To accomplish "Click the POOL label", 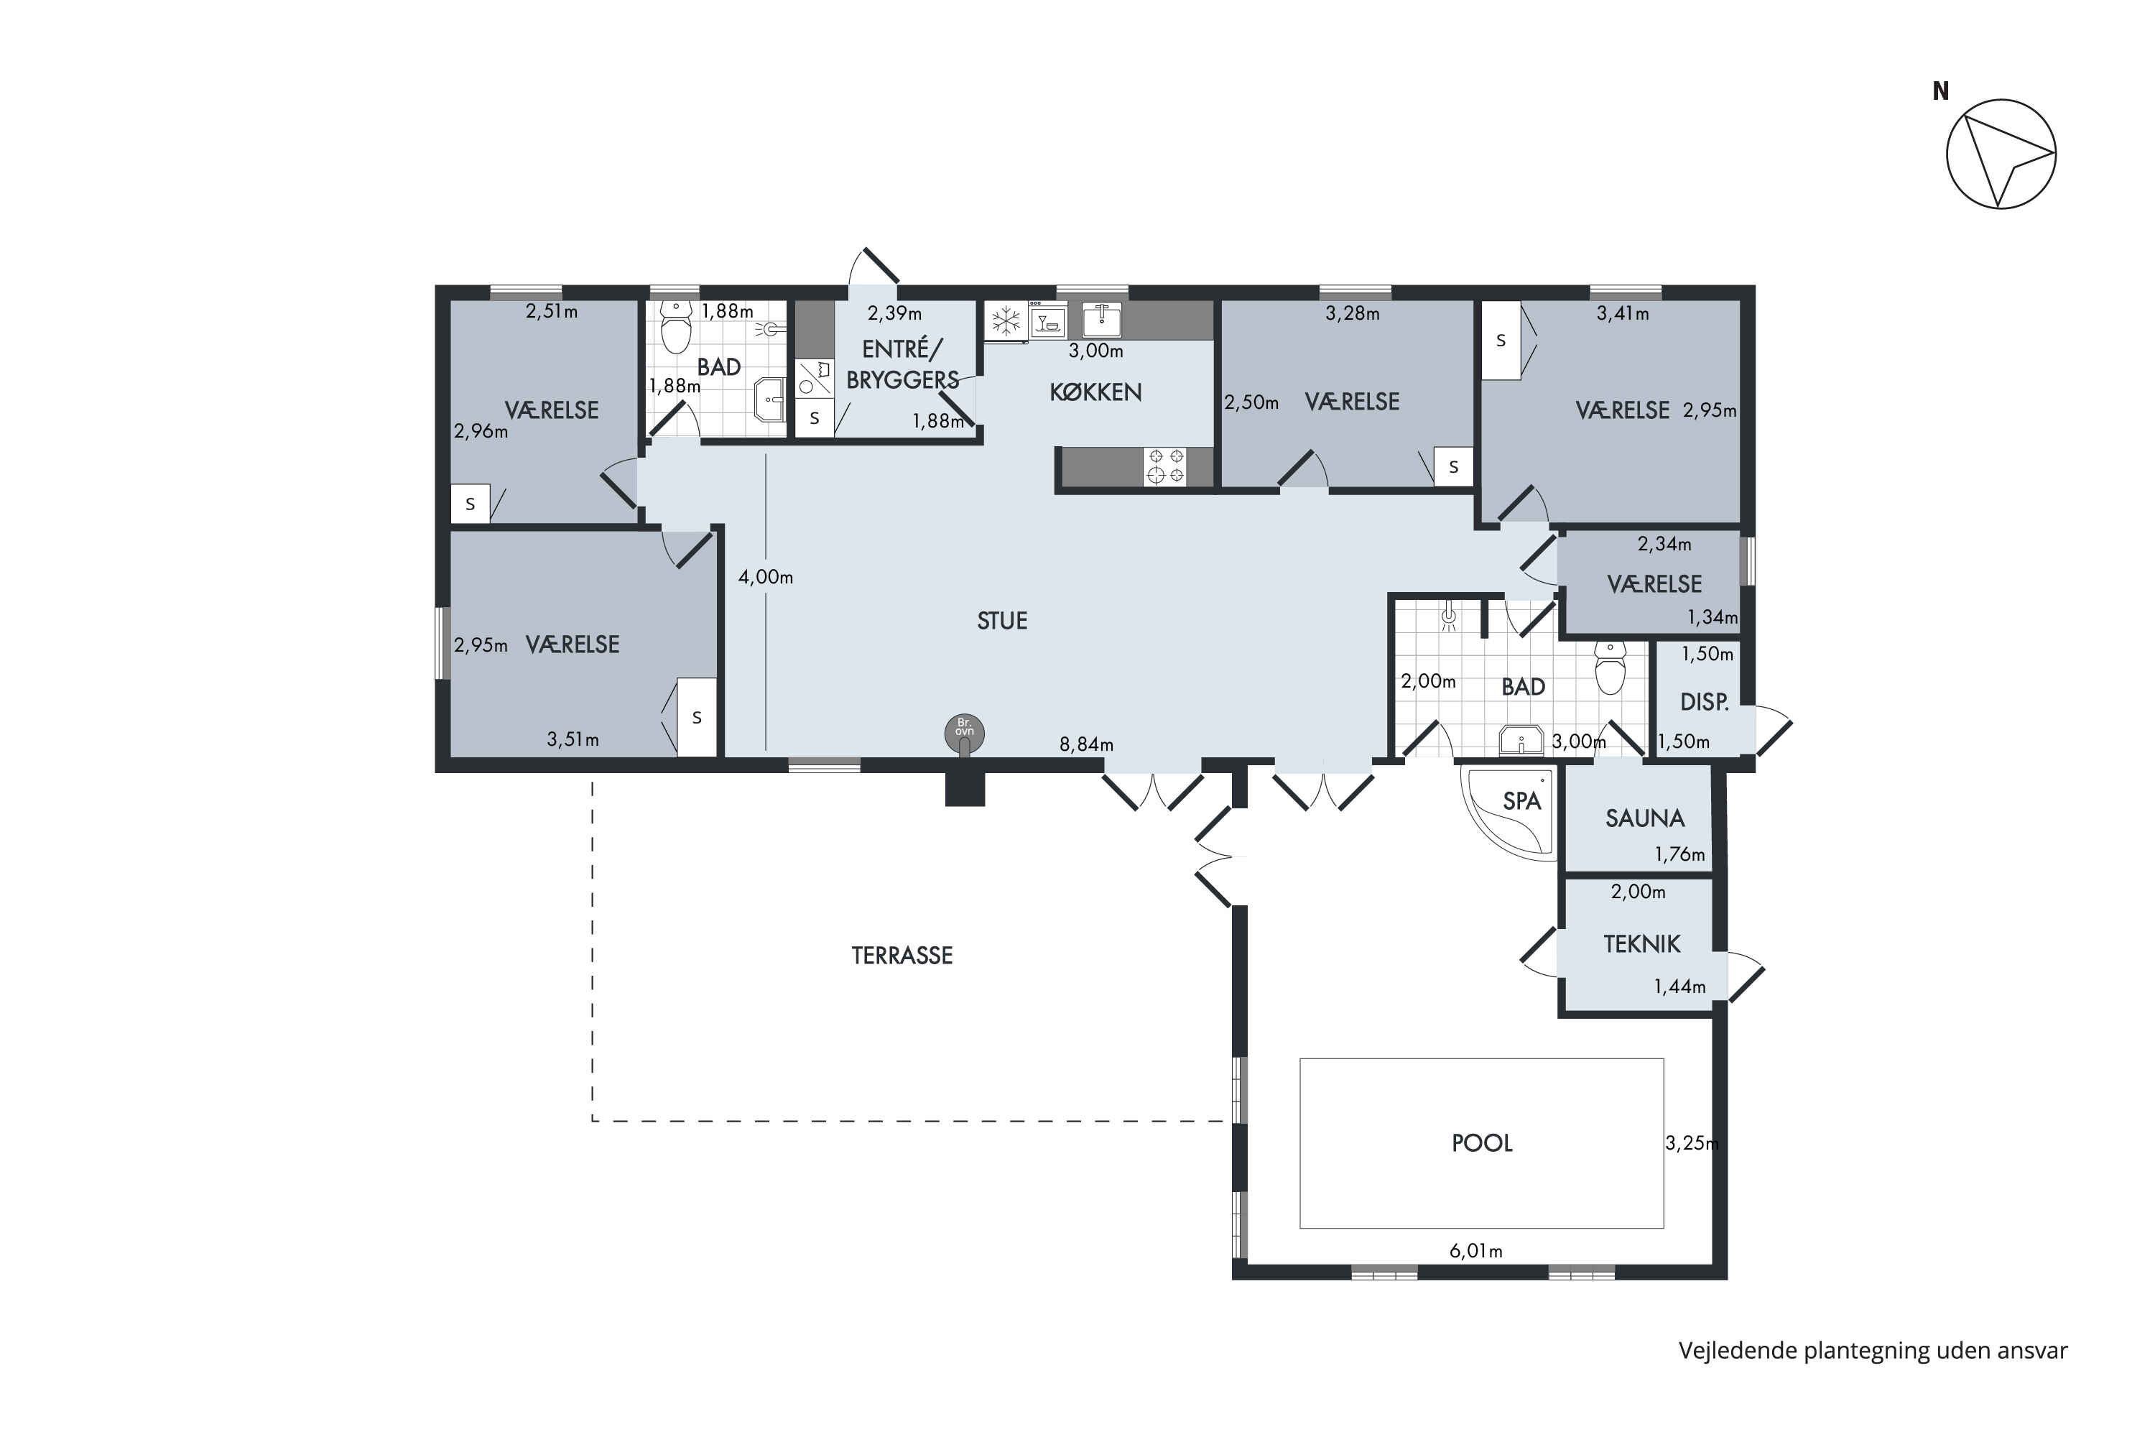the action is (1481, 1143).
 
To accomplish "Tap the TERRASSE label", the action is (902, 956).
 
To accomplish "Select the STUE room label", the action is (1001, 622).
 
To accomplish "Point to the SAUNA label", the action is (1645, 818).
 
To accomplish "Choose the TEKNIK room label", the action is (1642, 944).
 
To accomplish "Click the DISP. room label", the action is (1704, 702).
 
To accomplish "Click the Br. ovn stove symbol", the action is (964, 733).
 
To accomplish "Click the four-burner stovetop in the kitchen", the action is (1164, 466).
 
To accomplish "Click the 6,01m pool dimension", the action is (1475, 1251).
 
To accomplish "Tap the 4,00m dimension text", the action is (765, 578).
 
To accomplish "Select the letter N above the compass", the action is (1941, 91).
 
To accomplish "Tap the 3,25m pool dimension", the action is (1692, 1143).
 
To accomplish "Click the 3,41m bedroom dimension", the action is (1623, 313).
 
